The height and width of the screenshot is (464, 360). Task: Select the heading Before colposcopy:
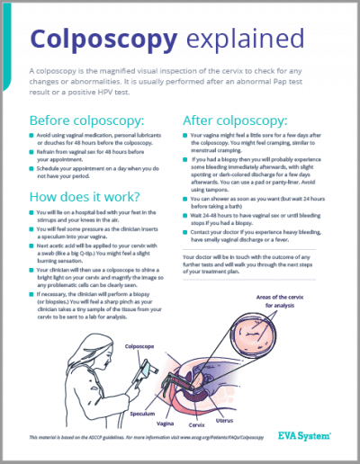pyautogui.click(x=86, y=120)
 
